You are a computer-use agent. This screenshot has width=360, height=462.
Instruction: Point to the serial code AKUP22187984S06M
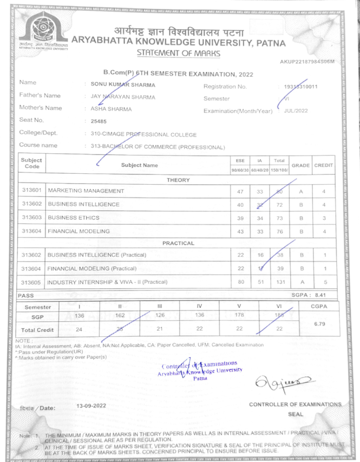tap(307, 62)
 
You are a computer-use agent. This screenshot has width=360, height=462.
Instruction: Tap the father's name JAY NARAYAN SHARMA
tap(123, 97)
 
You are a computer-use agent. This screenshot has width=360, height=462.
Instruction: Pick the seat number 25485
tap(99, 122)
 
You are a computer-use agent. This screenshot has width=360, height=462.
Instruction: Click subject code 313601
tap(32, 191)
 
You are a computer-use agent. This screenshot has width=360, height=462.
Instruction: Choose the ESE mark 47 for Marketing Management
tap(241, 191)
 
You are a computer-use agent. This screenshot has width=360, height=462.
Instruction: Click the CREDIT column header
tap(323, 165)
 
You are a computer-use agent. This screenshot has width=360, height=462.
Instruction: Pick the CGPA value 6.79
tap(319, 323)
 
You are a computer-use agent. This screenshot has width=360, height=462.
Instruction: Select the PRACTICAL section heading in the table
tap(179, 243)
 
